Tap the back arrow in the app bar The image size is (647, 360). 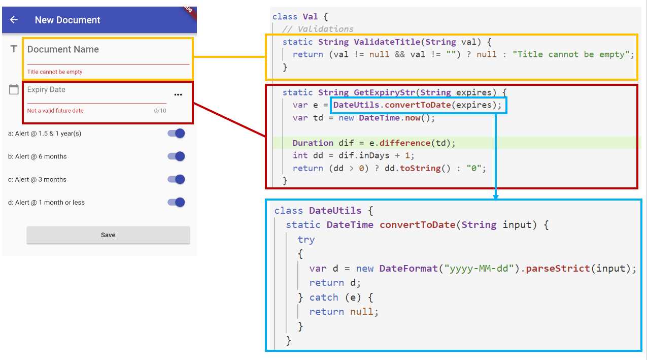pyautogui.click(x=14, y=20)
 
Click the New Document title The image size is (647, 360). pyautogui.click(x=67, y=20)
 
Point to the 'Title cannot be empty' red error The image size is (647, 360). pyautogui.click(x=55, y=72)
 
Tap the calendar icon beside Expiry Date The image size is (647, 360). pyautogui.click(x=14, y=90)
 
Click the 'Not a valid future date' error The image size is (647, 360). pyautogui.click(x=55, y=111)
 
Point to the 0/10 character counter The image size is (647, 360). pyautogui.click(x=160, y=111)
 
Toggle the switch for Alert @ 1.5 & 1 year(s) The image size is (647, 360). pyautogui.click(x=177, y=134)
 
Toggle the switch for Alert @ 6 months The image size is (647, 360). pyautogui.click(x=177, y=156)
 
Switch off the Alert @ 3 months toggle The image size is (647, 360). pyautogui.click(x=177, y=179)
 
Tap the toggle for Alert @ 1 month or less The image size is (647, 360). pyautogui.click(x=177, y=202)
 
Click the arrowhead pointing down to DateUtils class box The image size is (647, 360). pyautogui.click(x=496, y=197)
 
